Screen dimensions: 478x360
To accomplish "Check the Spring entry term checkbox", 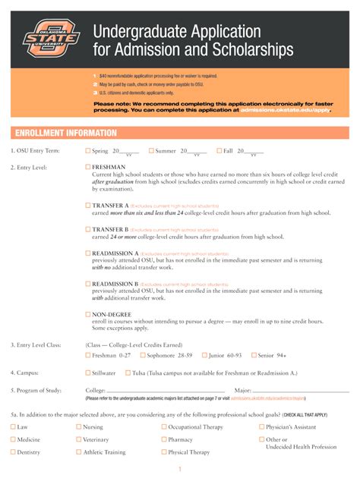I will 88,151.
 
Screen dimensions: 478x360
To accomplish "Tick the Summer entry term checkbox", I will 152,151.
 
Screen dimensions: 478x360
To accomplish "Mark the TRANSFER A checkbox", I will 88,206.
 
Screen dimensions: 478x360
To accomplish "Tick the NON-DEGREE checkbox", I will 88,314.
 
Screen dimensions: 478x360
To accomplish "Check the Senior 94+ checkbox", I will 253,355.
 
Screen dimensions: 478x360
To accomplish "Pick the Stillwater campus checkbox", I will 88,373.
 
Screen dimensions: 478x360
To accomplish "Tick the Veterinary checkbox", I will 79,439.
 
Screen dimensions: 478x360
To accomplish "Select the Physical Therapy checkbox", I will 164,452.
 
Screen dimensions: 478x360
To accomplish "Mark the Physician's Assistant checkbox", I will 261,427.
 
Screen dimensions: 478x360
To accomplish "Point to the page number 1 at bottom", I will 180,470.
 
